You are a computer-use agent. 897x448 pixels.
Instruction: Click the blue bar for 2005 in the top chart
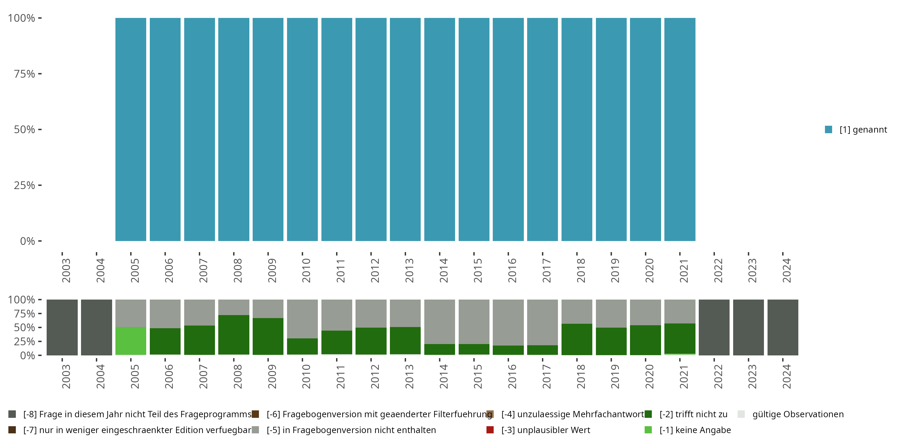tap(131, 129)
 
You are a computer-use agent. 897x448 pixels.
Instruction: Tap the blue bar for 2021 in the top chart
tap(679, 129)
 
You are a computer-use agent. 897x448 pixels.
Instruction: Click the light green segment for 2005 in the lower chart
tap(131, 341)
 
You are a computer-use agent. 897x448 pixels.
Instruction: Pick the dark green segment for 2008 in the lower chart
tap(234, 335)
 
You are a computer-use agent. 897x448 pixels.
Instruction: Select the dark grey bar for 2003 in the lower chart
tap(62, 327)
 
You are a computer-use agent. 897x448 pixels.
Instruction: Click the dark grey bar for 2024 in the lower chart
tap(782, 327)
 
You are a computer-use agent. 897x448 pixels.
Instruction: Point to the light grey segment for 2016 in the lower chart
tap(508, 322)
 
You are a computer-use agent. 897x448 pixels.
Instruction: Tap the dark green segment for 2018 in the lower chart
tap(577, 339)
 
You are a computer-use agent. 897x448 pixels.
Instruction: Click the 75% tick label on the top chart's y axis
tap(25, 74)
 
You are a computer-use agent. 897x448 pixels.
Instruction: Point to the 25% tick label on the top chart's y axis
tap(25, 185)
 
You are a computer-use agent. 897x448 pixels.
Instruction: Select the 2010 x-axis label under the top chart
tap(306, 270)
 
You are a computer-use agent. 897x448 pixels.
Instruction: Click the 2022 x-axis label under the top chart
tap(718, 270)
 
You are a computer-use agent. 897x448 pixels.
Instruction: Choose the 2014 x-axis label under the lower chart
tap(443, 376)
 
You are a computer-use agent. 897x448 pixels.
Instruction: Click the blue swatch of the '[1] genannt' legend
tap(829, 129)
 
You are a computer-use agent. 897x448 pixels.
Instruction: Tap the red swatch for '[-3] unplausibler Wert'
tap(490, 430)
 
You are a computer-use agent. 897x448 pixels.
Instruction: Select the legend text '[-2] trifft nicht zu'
tap(693, 414)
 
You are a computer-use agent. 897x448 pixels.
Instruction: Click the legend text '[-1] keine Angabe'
tap(695, 430)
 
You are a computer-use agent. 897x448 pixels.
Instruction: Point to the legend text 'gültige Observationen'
tap(798, 414)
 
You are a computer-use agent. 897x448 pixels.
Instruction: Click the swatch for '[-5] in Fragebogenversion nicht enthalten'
tap(255, 430)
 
